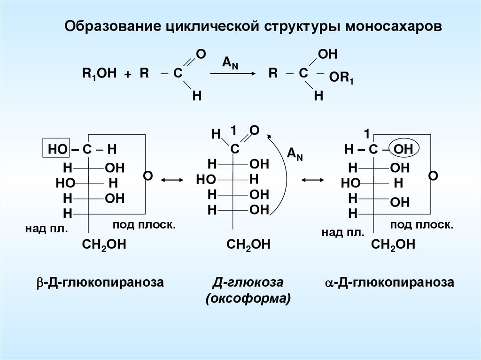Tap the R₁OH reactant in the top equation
(99, 74)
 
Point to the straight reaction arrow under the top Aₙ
(232, 74)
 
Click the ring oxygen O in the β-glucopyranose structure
(147, 176)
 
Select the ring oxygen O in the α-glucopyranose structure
(433, 176)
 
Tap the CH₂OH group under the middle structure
(248, 245)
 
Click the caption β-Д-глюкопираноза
(100, 283)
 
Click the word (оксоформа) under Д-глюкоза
(248, 299)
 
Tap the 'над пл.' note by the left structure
(47, 229)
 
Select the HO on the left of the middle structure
(206, 180)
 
